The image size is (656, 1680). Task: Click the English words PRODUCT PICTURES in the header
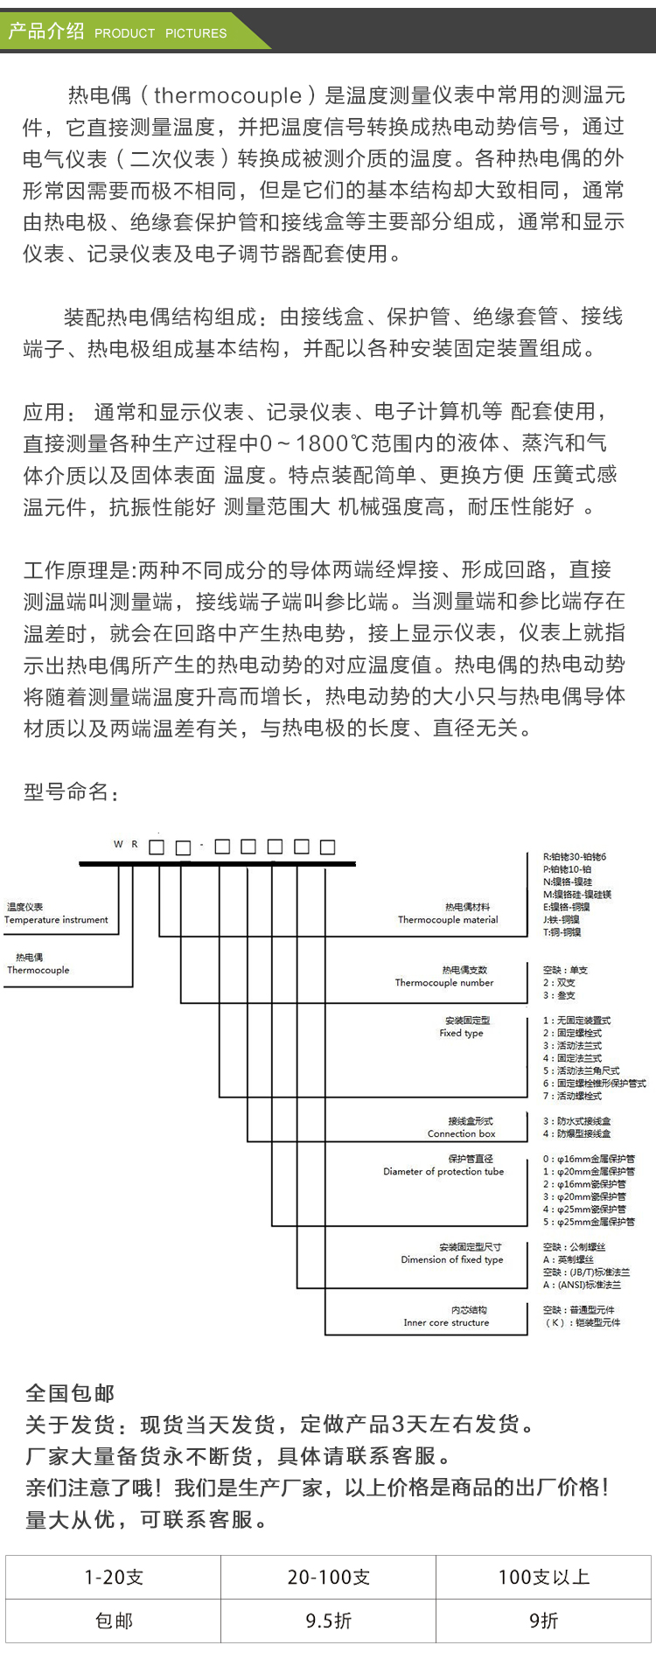160,33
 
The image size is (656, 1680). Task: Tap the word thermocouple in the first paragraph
227,95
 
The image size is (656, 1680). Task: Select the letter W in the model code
118,845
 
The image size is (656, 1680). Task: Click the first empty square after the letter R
157,847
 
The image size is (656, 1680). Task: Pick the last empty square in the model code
328,847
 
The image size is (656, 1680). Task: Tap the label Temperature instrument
56,920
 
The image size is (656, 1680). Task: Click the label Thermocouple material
448,920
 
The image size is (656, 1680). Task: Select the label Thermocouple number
444,983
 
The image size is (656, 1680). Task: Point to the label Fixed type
461,1033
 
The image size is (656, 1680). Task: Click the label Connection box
461,1133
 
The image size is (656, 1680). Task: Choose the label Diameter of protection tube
443,1172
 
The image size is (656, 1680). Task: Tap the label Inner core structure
446,1322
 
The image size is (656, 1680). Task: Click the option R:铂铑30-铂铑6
575,857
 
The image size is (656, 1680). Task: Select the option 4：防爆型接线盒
577,1133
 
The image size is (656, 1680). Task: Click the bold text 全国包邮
70,1393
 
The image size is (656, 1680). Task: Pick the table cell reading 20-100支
328,1577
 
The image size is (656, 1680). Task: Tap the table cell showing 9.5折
328,1621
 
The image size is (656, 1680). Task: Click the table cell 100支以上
543,1577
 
